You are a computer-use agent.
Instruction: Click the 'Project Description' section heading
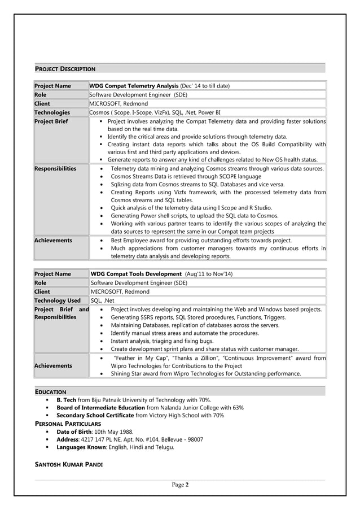click(x=65, y=69)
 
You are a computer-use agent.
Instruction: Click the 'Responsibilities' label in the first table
click(x=55, y=169)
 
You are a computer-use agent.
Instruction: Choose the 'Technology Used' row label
click(x=58, y=300)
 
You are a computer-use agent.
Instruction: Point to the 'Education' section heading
click(x=50, y=391)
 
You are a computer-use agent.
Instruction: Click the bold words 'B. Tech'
click(x=67, y=399)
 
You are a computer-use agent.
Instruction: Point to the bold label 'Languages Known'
click(x=81, y=447)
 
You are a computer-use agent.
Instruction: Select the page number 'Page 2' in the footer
click(x=180, y=485)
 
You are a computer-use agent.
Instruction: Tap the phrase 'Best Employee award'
click(x=142, y=241)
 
